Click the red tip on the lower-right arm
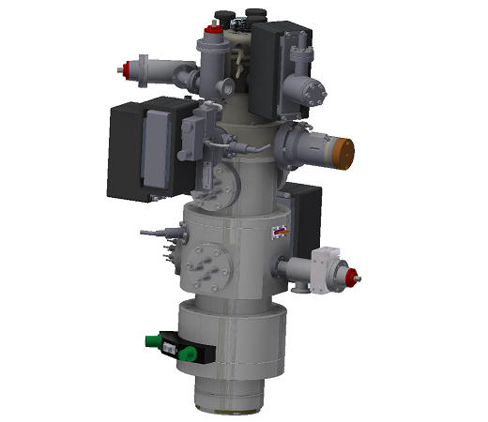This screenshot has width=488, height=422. (x=355, y=276)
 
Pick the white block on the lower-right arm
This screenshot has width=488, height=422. (x=328, y=266)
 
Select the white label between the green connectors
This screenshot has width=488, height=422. (x=171, y=349)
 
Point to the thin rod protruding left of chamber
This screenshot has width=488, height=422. (x=152, y=231)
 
